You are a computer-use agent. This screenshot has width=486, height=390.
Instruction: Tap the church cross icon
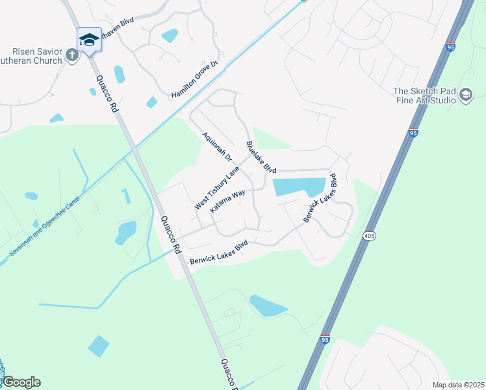coord(71,55)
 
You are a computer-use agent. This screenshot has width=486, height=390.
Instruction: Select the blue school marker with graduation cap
coord(89,40)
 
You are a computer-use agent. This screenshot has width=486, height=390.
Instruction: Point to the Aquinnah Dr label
coord(217,146)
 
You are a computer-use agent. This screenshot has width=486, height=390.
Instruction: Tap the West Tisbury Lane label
coord(217,188)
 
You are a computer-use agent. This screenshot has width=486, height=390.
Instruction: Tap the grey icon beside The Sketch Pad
coord(465,96)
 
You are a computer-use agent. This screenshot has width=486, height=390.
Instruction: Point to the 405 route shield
coord(369,235)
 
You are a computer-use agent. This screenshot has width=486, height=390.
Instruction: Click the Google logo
coord(21,382)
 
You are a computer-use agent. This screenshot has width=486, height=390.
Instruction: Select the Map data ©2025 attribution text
coord(457,385)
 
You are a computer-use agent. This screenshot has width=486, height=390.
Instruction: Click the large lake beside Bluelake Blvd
coord(299,187)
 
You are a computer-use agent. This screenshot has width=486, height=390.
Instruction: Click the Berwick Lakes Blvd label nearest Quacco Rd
coord(219,252)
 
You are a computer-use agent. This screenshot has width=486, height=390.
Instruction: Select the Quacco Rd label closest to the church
coord(108,94)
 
